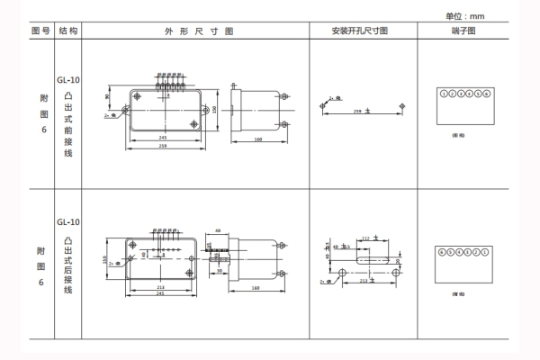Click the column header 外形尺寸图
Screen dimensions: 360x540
[x=199, y=31]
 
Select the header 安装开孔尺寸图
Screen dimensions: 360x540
[x=360, y=31]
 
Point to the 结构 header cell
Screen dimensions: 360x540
[x=68, y=31]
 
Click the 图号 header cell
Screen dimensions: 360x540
[x=40, y=31]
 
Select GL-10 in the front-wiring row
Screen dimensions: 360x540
[x=68, y=78]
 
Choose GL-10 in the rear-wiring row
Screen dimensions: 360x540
[x=68, y=221]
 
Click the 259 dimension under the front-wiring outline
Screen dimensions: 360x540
[x=162, y=146]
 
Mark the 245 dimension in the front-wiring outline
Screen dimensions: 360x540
[x=162, y=138]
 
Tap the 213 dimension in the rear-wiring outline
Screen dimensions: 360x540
[x=159, y=286]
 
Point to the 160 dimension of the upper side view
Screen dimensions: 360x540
[x=256, y=139]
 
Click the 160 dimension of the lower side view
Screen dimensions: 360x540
[x=256, y=289]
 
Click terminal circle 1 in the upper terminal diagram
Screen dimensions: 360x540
[x=442, y=94]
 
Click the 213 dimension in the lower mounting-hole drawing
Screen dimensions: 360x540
[x=363, y=281]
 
